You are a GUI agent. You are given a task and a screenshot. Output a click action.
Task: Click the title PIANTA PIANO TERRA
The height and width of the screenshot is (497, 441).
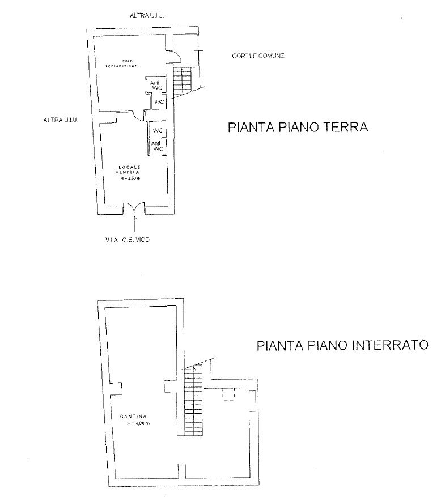click(298, 127)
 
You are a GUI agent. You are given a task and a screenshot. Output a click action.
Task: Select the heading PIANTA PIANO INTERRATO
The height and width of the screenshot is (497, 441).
click(342, 346)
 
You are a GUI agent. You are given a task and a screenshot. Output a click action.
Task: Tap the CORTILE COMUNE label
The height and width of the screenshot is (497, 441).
click(258, 56)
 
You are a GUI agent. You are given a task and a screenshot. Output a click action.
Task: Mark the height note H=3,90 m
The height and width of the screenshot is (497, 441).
click(131, 178)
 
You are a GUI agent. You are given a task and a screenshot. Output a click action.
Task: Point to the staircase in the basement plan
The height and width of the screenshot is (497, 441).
click(193, 400)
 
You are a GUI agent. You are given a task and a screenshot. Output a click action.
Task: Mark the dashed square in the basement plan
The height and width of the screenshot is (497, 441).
click(230, 394)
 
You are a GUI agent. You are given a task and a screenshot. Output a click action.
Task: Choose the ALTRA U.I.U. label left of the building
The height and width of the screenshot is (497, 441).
click(60, 120)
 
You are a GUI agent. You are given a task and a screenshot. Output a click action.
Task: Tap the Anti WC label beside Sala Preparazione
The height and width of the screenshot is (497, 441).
click(154, 86)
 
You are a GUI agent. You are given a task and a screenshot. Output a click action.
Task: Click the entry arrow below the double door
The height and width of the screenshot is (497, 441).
click(134, 223)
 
